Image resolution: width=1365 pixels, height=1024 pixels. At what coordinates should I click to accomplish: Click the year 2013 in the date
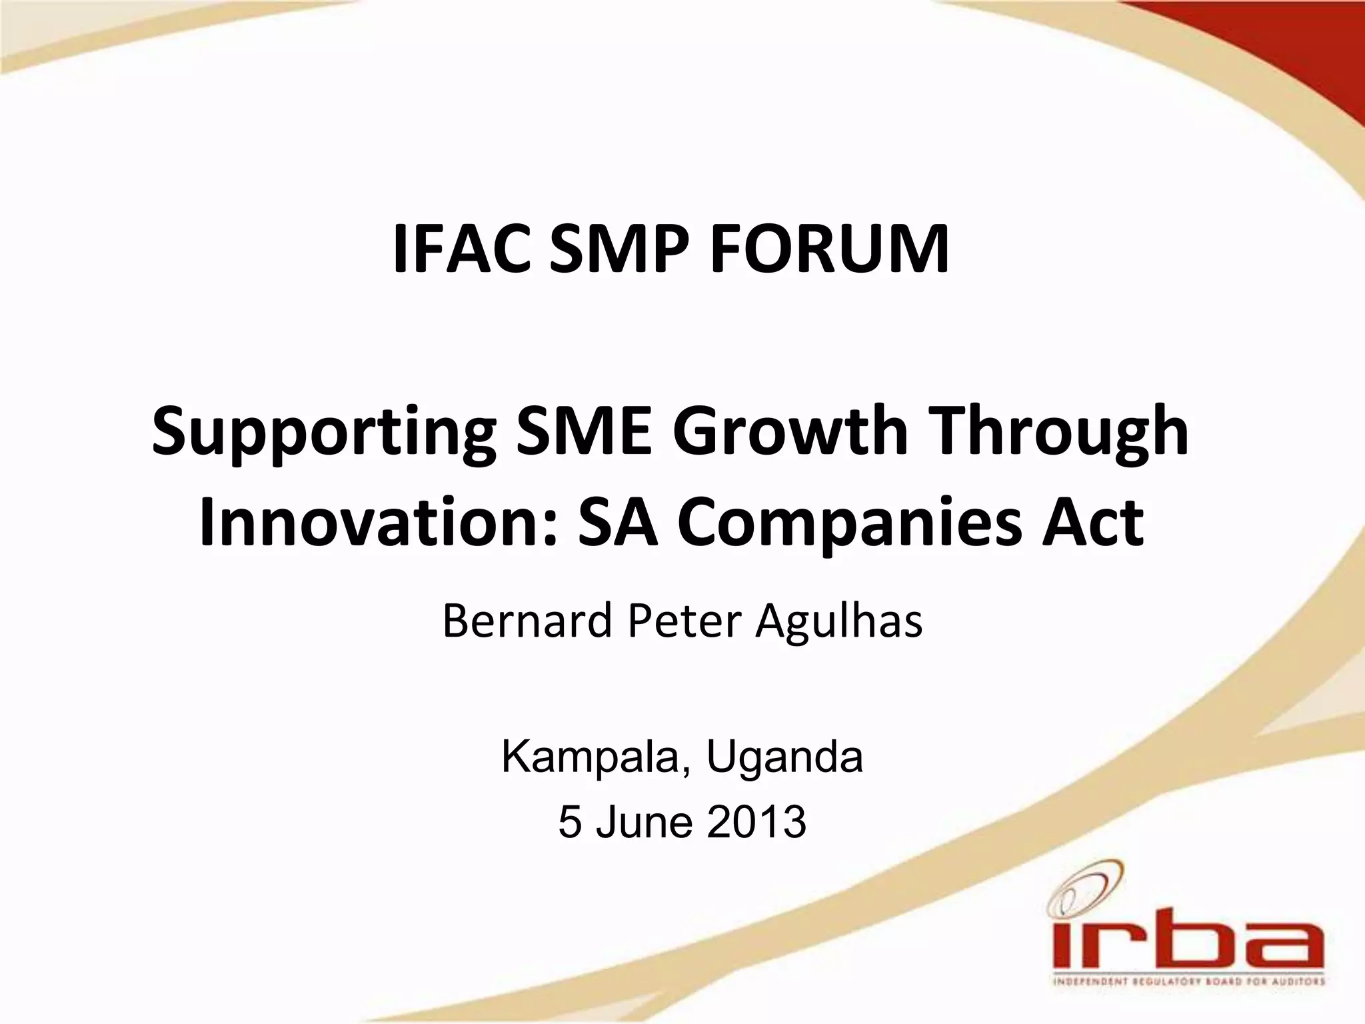[756, 822]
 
